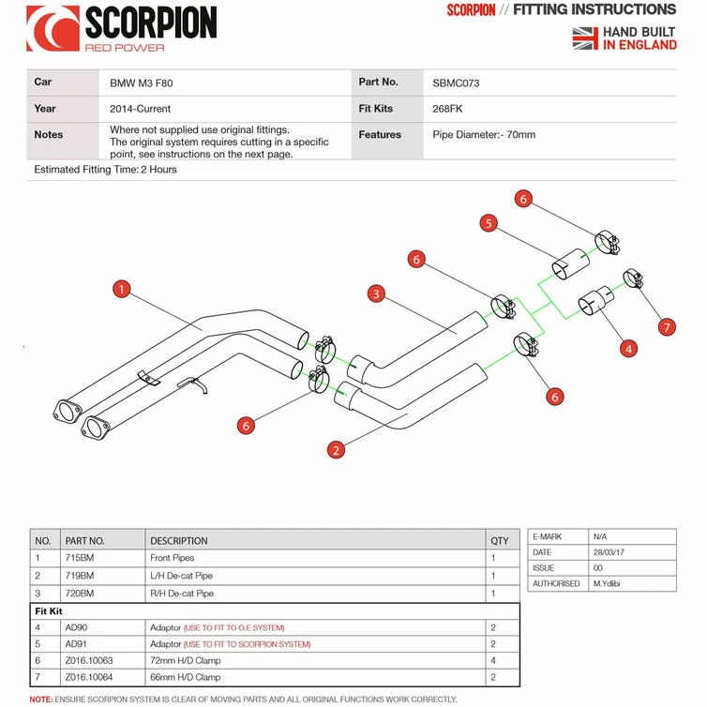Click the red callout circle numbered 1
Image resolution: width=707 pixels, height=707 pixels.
[x=121, y=289]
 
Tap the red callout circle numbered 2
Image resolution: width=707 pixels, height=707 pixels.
[x=336, y=450]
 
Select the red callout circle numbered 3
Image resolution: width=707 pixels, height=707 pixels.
[x=376, y=294]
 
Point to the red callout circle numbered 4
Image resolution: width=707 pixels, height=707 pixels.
[x=629, y=349]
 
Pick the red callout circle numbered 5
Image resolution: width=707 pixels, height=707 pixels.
[x=489, y=223]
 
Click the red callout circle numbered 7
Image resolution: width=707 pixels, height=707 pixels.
[x=667, y=327]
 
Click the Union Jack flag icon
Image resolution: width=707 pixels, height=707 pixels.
[x=585, y=38]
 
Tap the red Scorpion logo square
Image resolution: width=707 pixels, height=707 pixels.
[x=53, y=28]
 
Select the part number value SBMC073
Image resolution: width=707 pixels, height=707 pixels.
[x=457, y=83]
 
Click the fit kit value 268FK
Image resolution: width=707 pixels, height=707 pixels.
[x=449, y=109]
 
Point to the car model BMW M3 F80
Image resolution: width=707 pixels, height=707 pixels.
[x=141, y=83]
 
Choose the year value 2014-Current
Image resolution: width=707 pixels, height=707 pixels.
[x=141, y=109]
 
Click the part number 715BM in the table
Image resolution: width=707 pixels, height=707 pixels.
[x=80, y=558]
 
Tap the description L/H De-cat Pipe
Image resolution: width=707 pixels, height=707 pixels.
[x=182, y=576]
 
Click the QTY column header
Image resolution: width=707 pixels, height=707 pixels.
[x=500, y=540]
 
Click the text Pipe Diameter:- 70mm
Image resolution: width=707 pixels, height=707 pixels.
[x=485, y=135]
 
